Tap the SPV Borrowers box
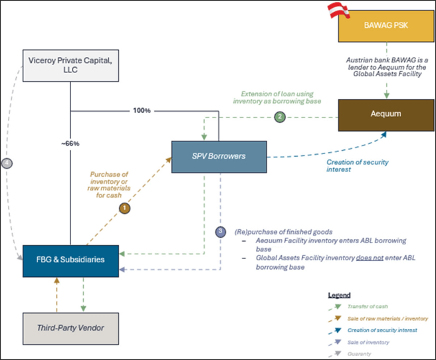(219, 157)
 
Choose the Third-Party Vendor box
(70, 328)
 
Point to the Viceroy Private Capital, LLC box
(70, 66)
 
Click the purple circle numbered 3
(221, 232)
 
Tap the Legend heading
(340, 294)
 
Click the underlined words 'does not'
(352, 257)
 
